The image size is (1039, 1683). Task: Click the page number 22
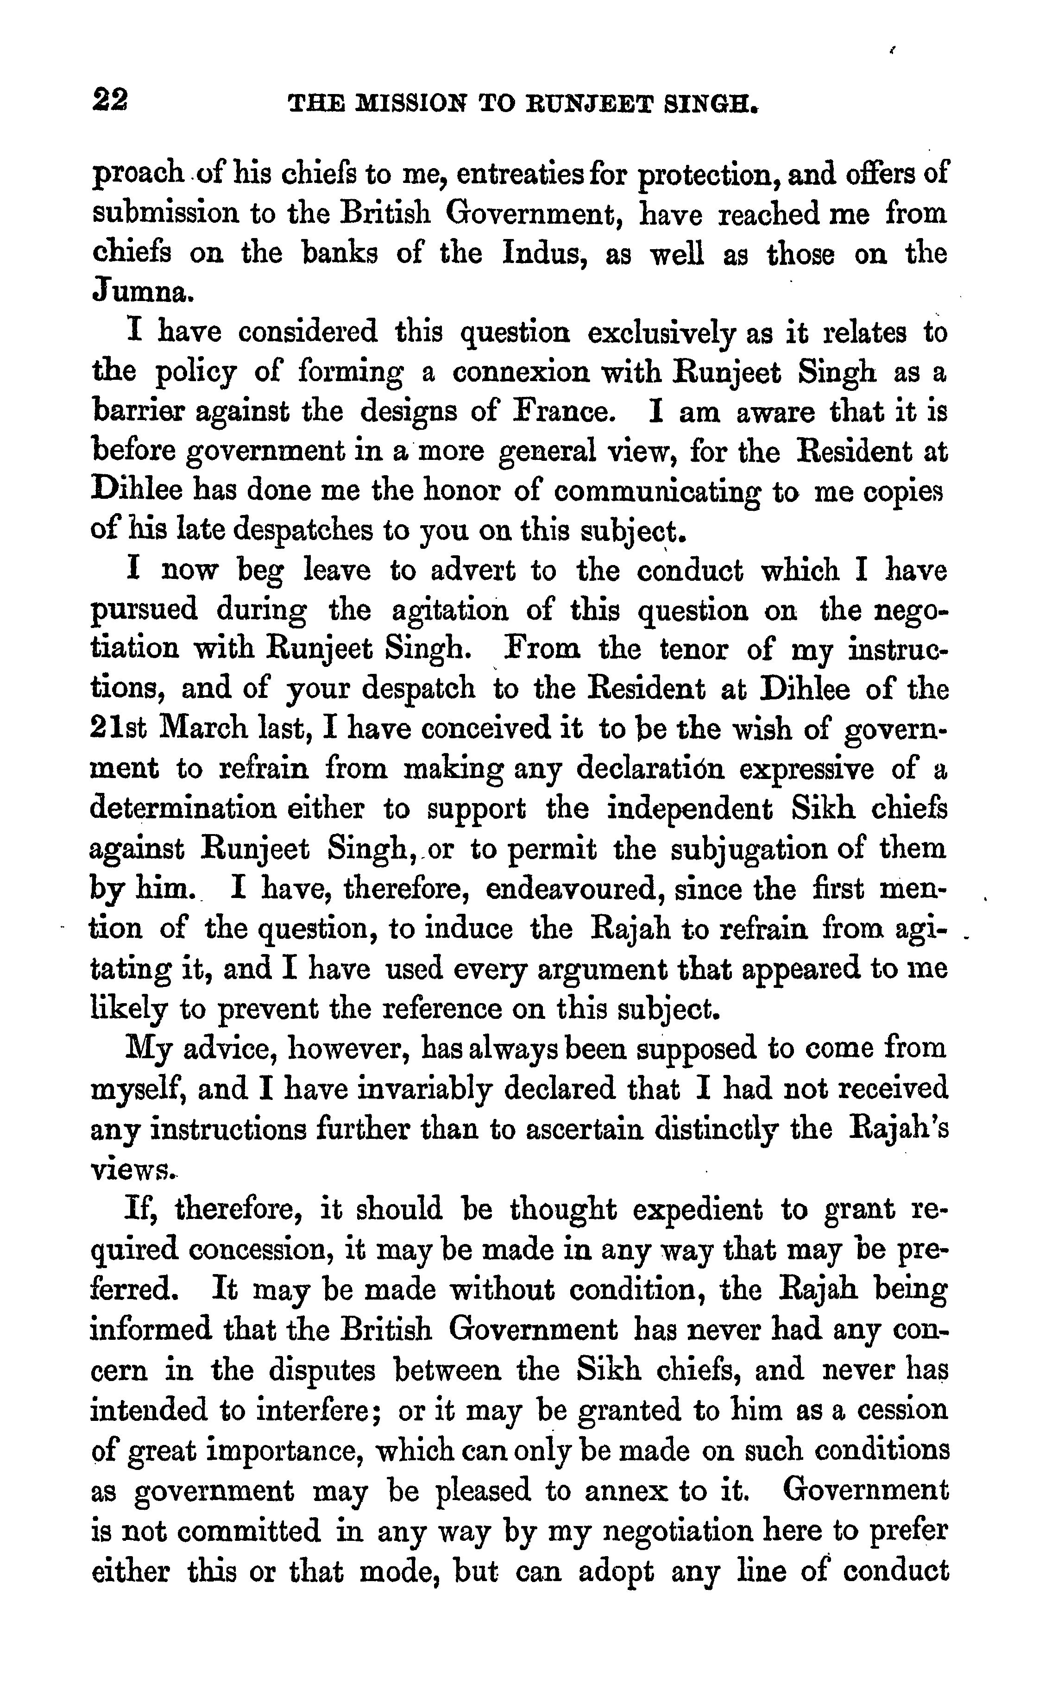[110, 102]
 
